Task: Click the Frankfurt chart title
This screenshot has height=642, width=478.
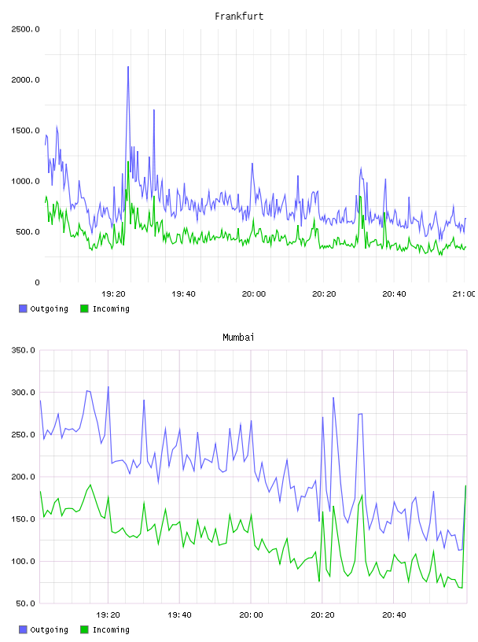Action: (239, 17)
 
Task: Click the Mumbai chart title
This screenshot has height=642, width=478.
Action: (238, 338)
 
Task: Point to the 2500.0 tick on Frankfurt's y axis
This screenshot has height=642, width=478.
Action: (25, 29)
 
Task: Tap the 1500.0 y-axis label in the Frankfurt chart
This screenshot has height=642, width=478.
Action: (25, 131)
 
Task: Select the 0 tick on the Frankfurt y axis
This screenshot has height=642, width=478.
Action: (37, 282)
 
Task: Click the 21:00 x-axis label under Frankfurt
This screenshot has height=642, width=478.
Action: (464, 294)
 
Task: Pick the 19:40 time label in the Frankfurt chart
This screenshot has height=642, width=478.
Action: (183, 294)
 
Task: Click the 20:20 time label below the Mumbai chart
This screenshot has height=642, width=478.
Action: (322, 615)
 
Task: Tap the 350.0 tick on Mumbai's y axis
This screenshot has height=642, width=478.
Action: (23, 350)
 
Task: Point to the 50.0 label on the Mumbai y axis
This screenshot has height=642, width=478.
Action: (25, 603)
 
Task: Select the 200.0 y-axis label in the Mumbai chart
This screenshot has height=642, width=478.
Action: (23, 477)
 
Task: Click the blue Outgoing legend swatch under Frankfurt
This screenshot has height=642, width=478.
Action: (23, 308)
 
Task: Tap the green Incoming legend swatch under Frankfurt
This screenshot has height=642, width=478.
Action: (84, 308)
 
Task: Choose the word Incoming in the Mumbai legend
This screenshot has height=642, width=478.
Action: (111, 629)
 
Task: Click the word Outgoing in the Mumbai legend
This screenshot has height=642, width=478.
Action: (49, 629)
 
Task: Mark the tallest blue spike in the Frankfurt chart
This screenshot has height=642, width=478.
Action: (128, 67)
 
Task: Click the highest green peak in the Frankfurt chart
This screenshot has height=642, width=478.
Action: (128, 162)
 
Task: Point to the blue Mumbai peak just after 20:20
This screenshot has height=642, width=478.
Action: (333, 397)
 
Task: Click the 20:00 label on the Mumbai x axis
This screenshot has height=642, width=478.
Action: (252, 615)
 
